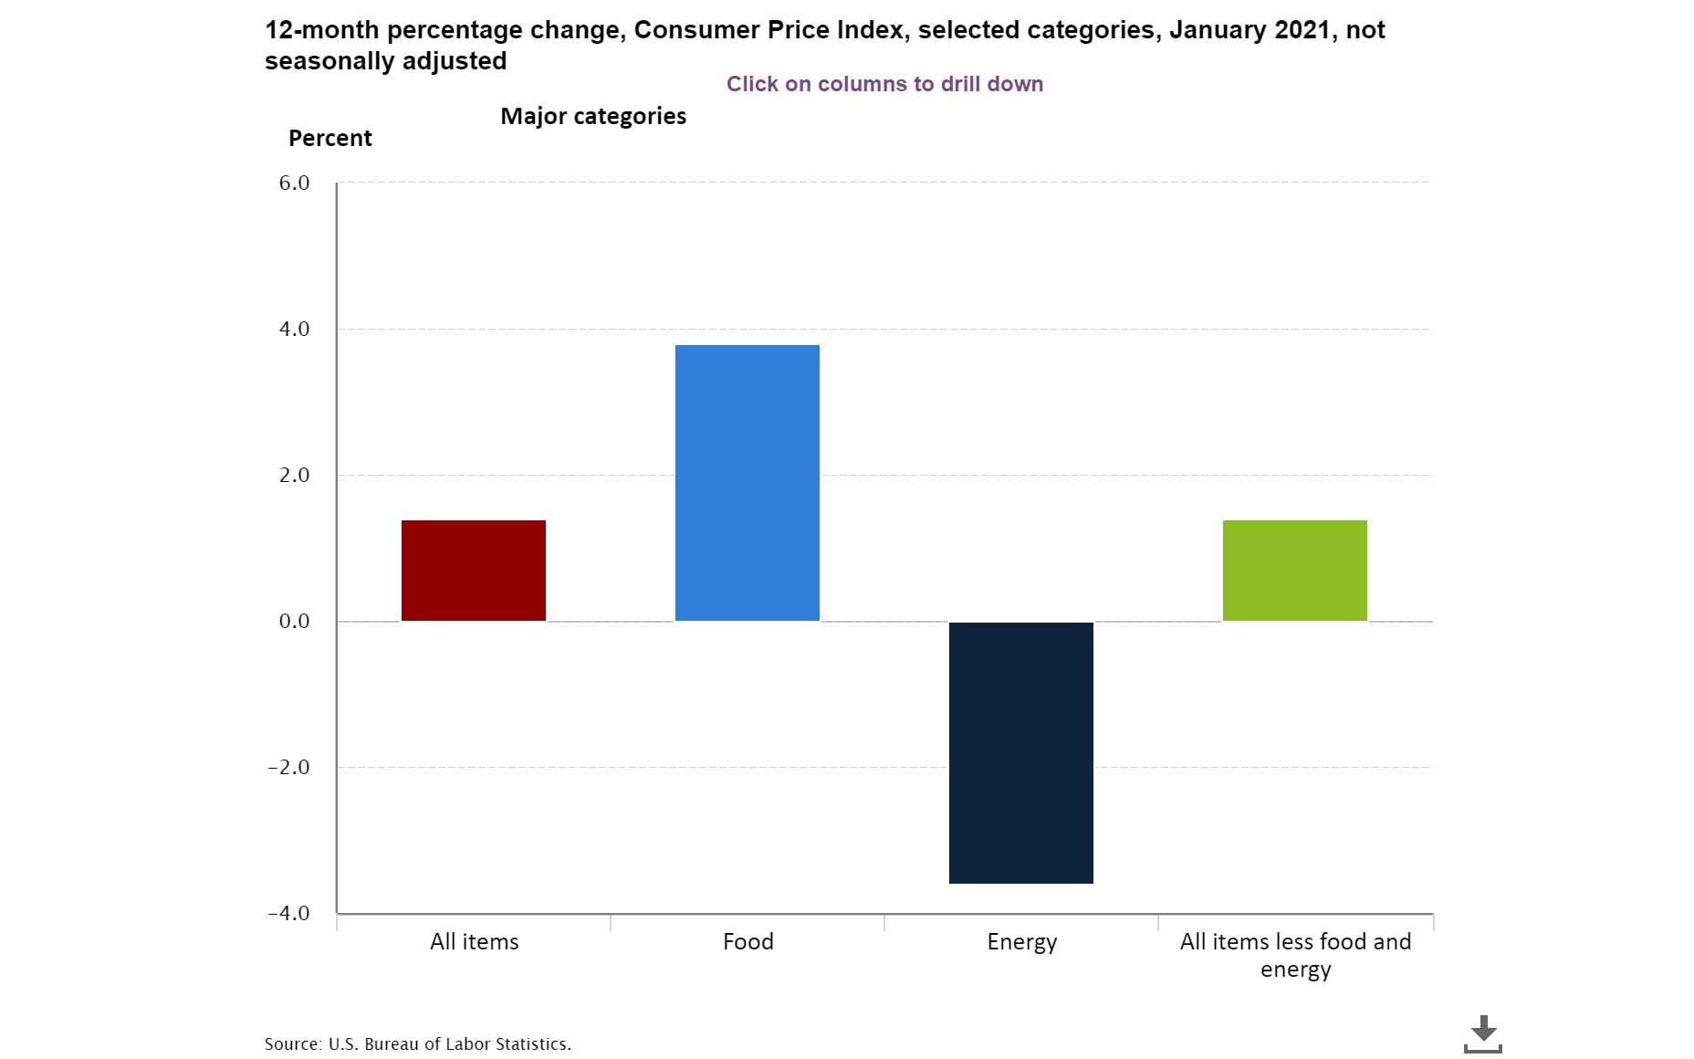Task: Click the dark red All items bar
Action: coord(474,571)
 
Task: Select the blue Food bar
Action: coord(748,483)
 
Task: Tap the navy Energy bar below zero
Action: coord(1021,752)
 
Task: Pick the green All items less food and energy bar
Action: coord(1295,571)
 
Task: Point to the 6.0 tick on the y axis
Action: coord(295,183)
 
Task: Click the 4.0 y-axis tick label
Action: coord(295,329)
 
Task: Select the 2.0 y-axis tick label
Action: coord(295,475)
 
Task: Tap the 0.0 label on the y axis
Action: coord(295,621)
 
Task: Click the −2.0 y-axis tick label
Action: coord(289,767)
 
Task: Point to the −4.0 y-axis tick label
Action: coord(289,913)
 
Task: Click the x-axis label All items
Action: coord(475,941)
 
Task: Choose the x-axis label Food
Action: coord(748,941)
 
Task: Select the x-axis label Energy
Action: coord(1022,942)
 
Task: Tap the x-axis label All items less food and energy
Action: coord(1296,954)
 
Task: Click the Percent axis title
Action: coord(330,138)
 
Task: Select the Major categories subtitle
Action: coord(593,116)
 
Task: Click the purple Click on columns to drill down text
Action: coord(884,84)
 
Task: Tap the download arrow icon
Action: coord(1483,1033)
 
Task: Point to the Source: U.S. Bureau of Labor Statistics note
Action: coord(418,1043)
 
